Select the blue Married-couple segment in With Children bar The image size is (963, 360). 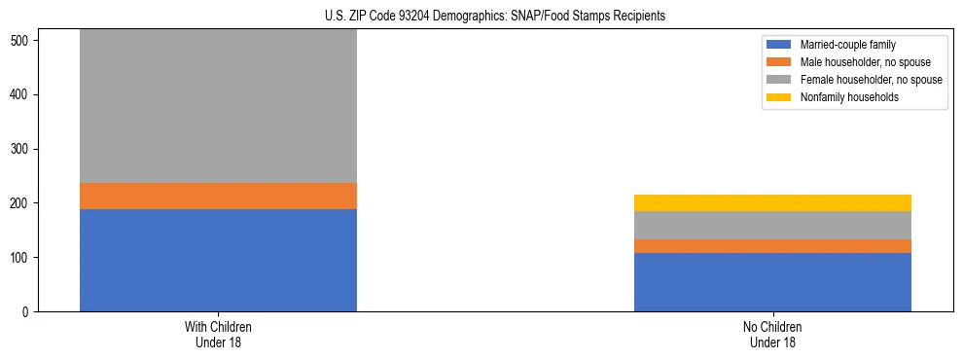coord(218,260)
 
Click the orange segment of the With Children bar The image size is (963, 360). coord(218,196)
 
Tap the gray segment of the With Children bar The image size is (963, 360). coord(218,106)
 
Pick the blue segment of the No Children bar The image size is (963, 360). coord(772,282)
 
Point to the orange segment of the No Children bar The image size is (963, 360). coord(772,246)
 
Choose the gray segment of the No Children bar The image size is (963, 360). coord(772,225)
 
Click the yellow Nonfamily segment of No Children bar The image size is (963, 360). coord(772,202)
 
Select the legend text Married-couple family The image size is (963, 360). coord(847,45)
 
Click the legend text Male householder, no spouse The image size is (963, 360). coord(859,62)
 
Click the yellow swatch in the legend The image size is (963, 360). coord(779,97)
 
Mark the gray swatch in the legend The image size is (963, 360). coord(779,80)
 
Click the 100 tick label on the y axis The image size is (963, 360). coord(22,258)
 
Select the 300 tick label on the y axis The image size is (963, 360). coord(22,149)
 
